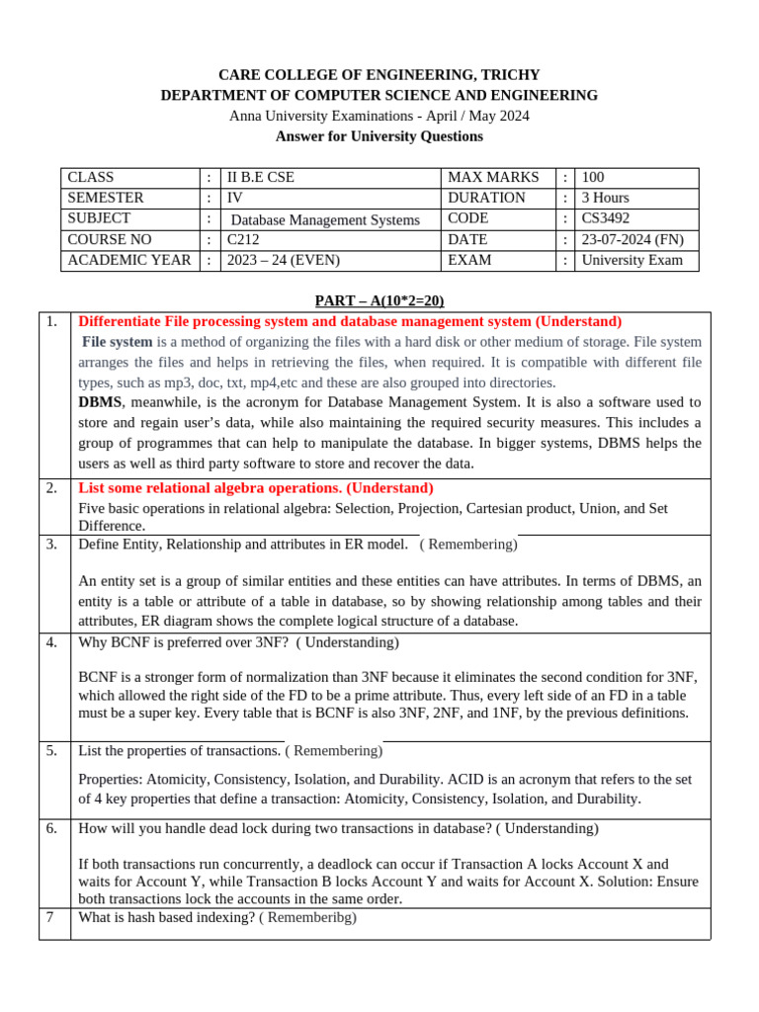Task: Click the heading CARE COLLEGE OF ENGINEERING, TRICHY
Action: [379, 75]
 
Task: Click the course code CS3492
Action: [605, 218]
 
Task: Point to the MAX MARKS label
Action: [493, 177]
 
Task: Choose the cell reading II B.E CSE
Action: [261, 177]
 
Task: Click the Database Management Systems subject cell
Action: [325, 219]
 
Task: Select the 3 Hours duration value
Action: [605, 198]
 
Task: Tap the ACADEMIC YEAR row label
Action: [128, 260]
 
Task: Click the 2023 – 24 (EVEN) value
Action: [283, 260]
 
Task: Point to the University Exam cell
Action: [632, 260]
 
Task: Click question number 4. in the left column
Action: [51, 642]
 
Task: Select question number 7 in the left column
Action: [49, 917]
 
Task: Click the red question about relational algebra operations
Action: [255, 488]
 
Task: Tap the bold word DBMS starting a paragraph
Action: [100, 402]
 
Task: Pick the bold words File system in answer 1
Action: [117, 342]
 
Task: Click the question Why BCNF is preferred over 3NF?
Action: [183, 642]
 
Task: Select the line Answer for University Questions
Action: [379, 136]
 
